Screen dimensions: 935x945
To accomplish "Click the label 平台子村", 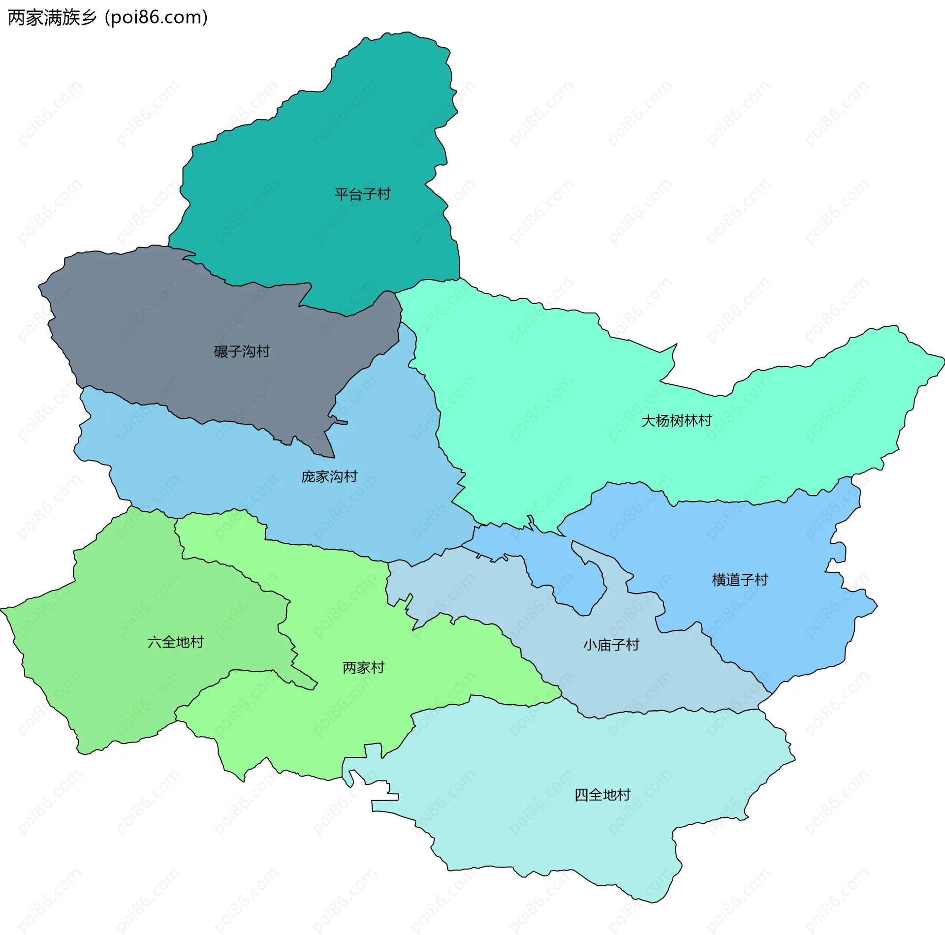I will pyautogui.click(x=362, y=194).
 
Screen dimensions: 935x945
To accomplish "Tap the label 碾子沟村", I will pyautogui.click(x=242, y=351).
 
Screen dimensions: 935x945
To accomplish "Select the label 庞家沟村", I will pyautogui.click(x=329, y=476).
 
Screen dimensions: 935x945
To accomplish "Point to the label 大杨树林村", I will pyautogui.click(x=676, y=421).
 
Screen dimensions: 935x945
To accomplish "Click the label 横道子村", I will pyautogui.click(x=740, y=580).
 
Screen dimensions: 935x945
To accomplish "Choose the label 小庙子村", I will pyautogui.click(x=611, y=645).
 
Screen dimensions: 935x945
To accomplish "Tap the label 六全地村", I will pyautogui.click(x=175, y=642).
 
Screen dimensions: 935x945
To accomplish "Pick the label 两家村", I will pyautogui.click(x=363, y=668).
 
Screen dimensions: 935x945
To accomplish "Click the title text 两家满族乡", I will pyautogui.click(x=52, y=18).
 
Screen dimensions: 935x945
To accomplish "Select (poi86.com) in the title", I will pyautogui.click(x=157, y=18).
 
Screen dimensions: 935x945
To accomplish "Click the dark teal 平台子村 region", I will pyautogui.click(x=315, y=148).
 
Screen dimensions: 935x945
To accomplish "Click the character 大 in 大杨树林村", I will pyautogui.click(x=648, y=421).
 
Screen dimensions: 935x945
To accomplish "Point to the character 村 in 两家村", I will pyautogui.click(x=378, y=668).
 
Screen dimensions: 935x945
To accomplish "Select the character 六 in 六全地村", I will pyautogui.click(x=155, y=642).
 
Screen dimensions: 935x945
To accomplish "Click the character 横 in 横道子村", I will pyautogui.click(x=719, y=580).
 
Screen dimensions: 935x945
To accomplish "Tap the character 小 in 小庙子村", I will pyautogui.click(x=590, y=645).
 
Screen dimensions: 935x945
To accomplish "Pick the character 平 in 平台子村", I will pyautogui.click(x=342, y=194).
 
